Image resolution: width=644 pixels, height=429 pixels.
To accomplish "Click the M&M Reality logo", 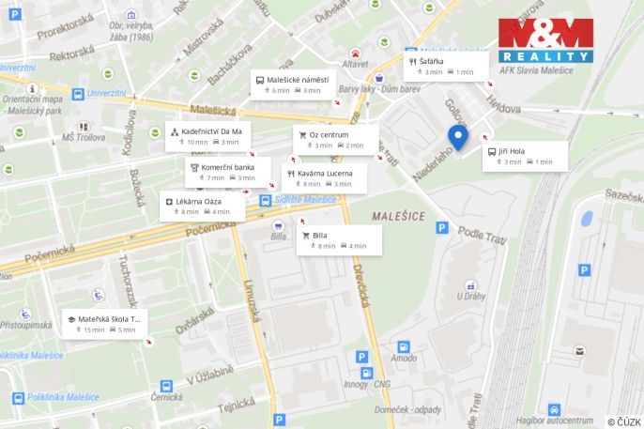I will point(545,40).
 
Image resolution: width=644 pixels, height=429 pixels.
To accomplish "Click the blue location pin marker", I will point(458,138).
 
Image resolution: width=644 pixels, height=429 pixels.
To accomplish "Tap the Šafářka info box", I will point(446,66).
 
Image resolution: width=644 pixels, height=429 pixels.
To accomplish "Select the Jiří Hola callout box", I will point(525,156).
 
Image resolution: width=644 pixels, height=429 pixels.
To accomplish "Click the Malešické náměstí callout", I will point(293,84).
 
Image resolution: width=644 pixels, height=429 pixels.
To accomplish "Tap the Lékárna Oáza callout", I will point(203,207).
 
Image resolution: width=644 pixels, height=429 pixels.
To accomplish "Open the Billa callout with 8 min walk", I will point(339,240).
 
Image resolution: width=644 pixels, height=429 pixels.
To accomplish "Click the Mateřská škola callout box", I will point(105,324).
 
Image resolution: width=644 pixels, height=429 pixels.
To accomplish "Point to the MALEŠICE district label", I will point(398,216).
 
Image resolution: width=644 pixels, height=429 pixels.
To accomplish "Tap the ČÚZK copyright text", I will point(623,422).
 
